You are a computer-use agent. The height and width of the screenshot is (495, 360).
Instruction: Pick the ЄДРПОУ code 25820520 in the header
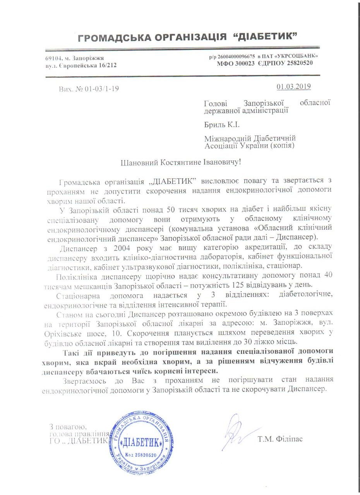tap(298, 63)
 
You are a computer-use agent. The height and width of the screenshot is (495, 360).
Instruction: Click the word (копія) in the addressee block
tap(280, 145)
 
